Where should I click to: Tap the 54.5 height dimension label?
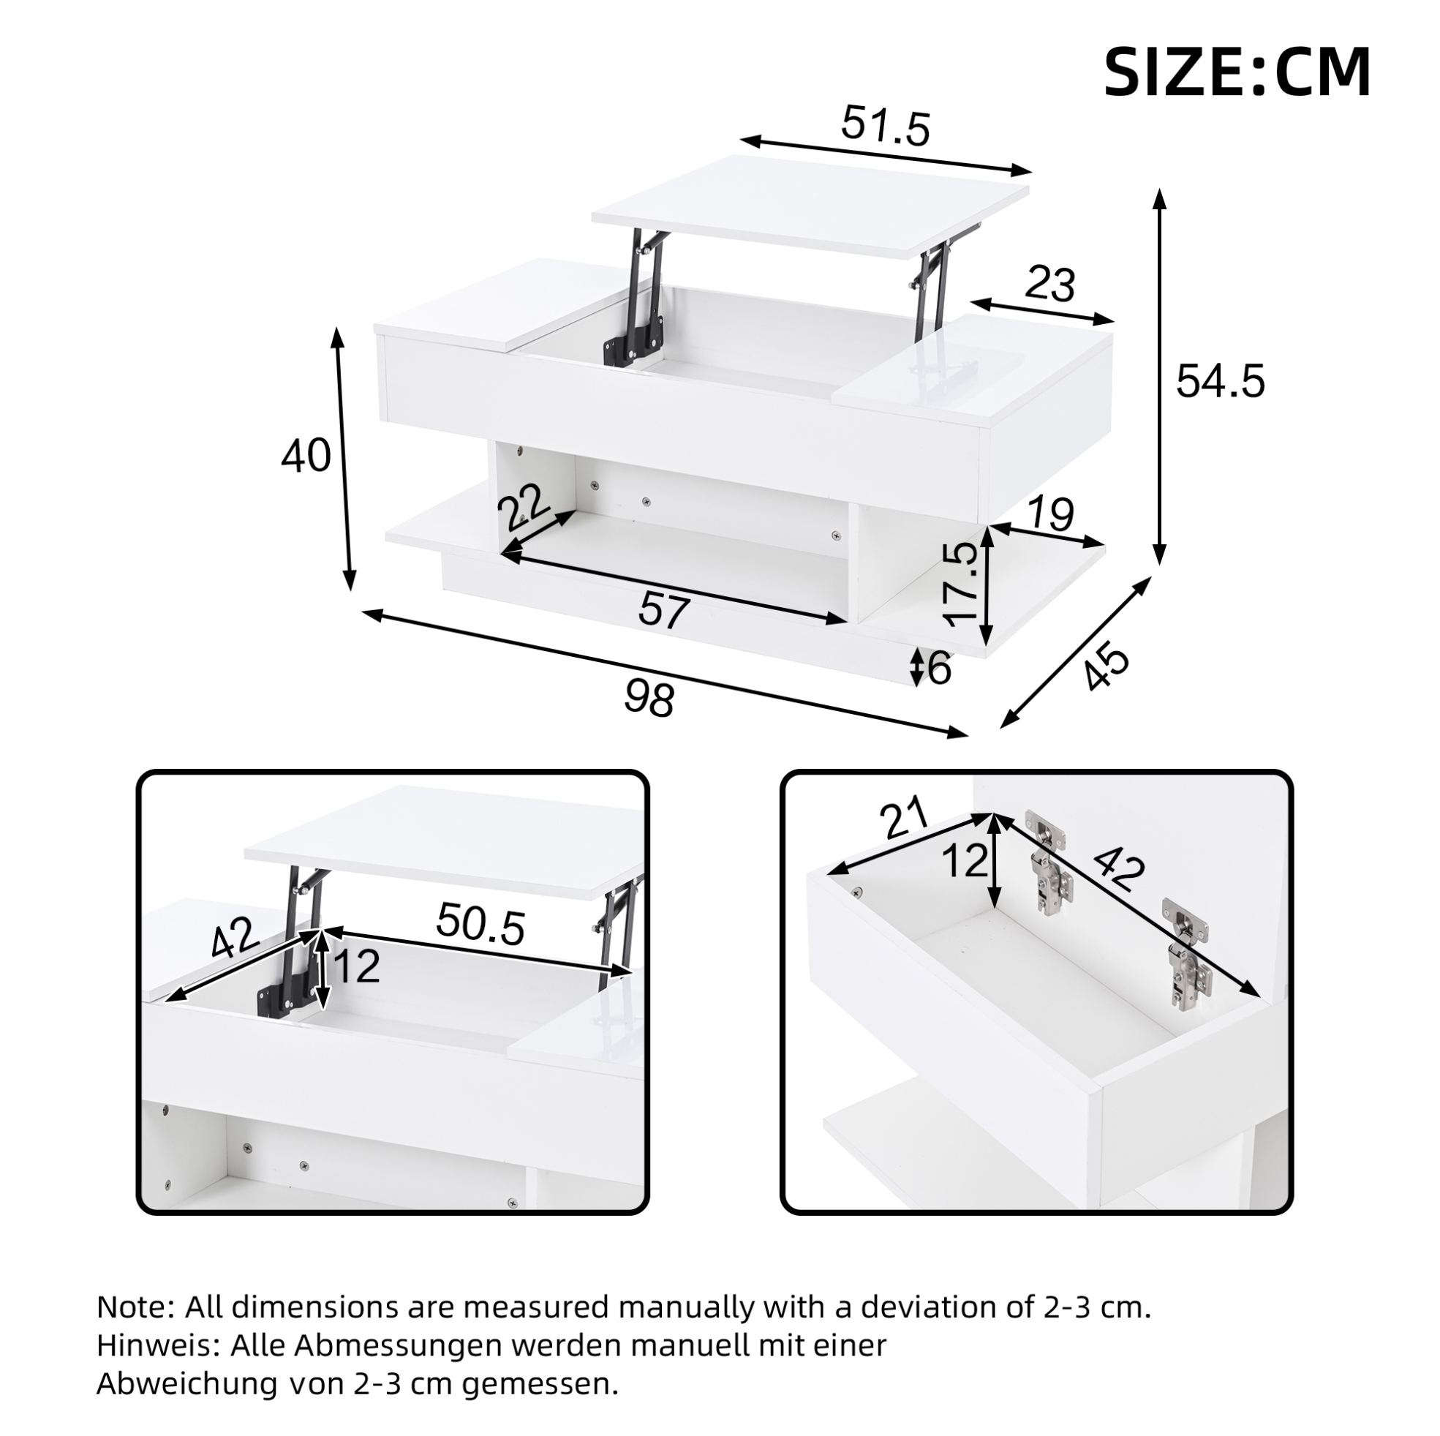[x=1220, y=381]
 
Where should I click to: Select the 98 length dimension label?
[x=649, y=699]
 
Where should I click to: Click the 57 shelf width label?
[x=663, y=612]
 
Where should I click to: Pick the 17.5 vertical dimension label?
[x=960, y=584]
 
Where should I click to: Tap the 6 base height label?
[x=940, y=668]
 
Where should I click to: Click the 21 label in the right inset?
[x=904, y=818]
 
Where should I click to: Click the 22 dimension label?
[x=522, y=505]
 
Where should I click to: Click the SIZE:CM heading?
[x=1237, y=72]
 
